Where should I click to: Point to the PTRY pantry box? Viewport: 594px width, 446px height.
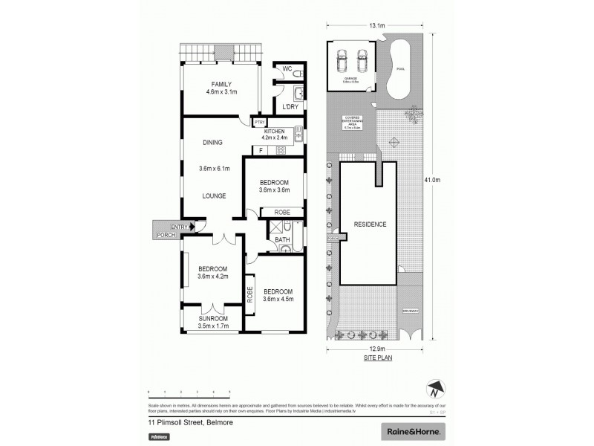(259, 123)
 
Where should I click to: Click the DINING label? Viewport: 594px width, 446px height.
(213, 143)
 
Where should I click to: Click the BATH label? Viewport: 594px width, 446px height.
(282, 240)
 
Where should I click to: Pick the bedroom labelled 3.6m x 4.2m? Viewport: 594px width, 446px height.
(212, 273)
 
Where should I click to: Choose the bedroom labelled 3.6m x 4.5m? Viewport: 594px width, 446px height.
(278, 295)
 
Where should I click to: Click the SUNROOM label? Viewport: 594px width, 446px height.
(212, 321)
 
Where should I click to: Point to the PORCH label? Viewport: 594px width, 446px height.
(165, 236)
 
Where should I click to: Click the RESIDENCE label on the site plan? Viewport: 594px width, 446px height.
(369, 224)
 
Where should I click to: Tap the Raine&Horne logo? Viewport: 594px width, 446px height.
(413, 431)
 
